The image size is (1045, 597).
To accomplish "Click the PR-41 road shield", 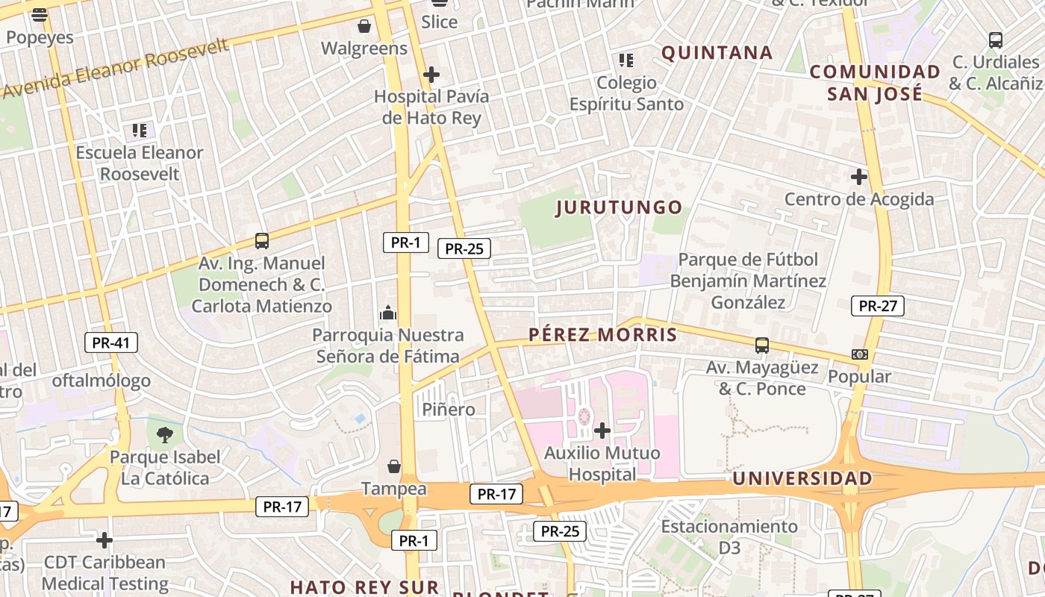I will click(x=111, y=343).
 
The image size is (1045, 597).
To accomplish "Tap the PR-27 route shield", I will click(x=878, y=305).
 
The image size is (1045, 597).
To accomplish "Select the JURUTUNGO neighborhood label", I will click(x=620, y=207).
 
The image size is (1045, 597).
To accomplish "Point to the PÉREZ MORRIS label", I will click(x=603, y=335).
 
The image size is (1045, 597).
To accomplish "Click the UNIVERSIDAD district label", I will click(x=802, y=478).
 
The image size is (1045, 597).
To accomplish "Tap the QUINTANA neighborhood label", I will click(x=717, y=53).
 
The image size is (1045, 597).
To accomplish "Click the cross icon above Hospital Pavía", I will click(x=431, y=75).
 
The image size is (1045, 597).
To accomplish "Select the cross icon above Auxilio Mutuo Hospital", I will click(x=602, y=431).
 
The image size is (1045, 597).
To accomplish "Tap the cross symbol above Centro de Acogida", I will click(x=859, y=177).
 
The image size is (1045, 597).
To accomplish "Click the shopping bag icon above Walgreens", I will click(x=364, y=27).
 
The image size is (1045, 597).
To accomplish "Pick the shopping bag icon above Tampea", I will click(x=394, y=466).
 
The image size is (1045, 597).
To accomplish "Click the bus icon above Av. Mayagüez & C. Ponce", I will click(x=761, y=346).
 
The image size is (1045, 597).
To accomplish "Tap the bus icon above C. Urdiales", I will click(x=995, y=40).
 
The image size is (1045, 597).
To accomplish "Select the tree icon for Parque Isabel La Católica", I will click(x=165, y=434).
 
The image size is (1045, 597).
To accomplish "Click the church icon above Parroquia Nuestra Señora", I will click(x=388, y=313).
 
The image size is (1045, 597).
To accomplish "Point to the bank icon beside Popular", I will click(x=859, y=354).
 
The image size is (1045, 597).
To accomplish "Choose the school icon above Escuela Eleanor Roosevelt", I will click(x=140, y=131).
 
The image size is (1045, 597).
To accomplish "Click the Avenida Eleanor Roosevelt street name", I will click(x=116, y=69).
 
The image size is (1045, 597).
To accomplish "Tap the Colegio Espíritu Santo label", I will click(x=627, y=93).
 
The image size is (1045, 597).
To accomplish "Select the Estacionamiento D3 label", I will click(x=729, y=537).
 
